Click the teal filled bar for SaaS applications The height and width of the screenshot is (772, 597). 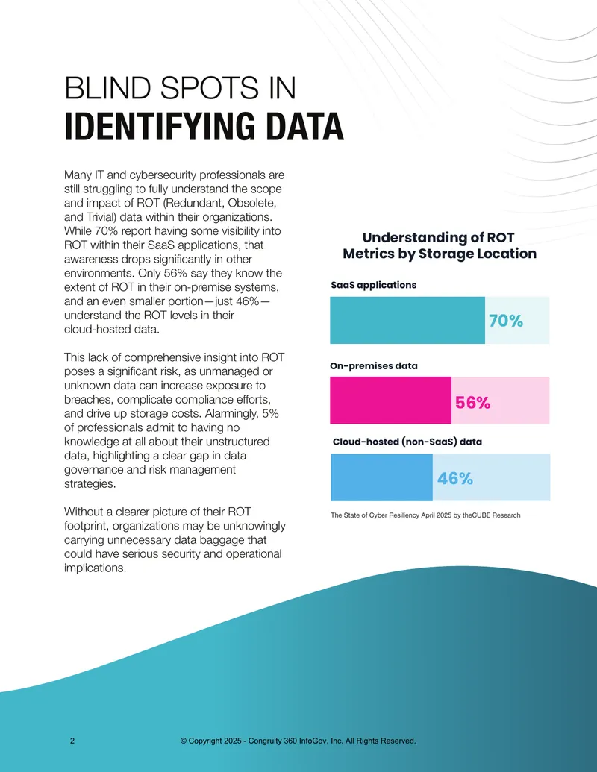pos(407,320)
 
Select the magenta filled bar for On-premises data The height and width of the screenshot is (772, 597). pos(390,401)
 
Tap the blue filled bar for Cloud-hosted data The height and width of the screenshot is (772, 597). pos(382,477)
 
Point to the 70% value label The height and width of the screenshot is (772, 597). pos(506,321)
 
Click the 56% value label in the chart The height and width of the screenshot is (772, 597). pos(473,403)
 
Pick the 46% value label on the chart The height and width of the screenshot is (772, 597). pos(455,478)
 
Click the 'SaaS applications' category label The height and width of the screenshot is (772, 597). pos(373,285)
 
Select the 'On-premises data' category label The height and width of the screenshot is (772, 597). pos(374,365)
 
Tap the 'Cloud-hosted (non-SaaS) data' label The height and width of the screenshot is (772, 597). pos(407,442)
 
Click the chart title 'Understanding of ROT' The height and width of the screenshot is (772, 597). pos(438,238)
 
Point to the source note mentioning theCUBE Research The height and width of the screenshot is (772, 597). pos(425,515)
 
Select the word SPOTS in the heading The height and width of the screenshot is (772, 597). pos(210,88)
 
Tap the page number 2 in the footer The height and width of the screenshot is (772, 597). pos(72,741)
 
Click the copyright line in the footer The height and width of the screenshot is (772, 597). pos(298,741)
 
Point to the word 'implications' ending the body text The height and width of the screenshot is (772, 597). pos(95,568)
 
